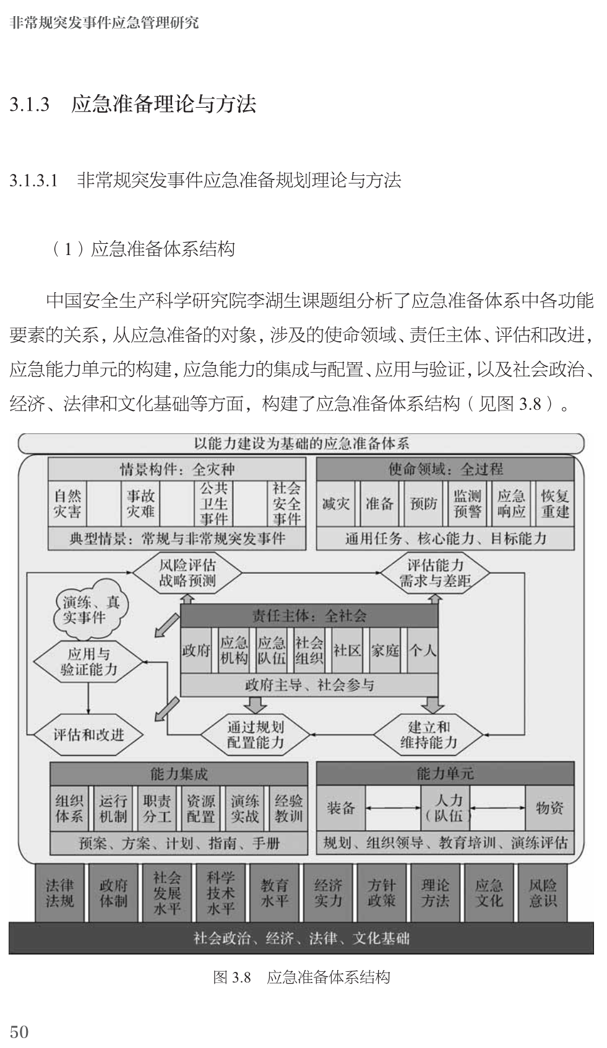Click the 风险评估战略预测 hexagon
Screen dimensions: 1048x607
(187, 573)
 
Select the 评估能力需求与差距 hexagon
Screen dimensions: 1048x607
(435, 573)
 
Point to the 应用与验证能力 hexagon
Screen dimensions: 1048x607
(88, 661)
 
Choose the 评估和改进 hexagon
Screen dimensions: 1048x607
(88, 735)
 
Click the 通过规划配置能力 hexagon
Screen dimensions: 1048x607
(255, 734)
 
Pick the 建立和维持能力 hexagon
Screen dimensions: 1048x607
(428, 734)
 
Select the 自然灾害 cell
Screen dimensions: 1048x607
(67, 503)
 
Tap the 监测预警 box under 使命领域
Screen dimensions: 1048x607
(467, 503)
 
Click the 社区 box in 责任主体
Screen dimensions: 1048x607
(347, 650)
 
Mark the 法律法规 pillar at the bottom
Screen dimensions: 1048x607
(60, 893)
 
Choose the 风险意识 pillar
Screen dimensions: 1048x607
(543, 893)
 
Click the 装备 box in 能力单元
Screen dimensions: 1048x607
(340, 807)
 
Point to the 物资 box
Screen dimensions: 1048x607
(549, 807)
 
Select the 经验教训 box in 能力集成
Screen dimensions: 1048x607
(288, 808)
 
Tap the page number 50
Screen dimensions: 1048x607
(19, 1031)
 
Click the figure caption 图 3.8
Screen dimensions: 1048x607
(232, 977)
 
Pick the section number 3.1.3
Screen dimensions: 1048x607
(30, 104)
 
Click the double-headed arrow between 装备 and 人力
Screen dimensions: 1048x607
(394, 808)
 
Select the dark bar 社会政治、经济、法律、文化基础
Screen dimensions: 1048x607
(301, 938)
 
